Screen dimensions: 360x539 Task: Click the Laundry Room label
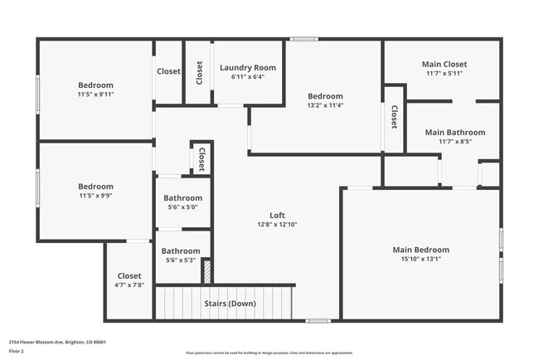tap(248, 67)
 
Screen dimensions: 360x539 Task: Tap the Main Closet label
tap(444, 64)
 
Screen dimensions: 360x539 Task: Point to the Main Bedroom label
tap(420, 250)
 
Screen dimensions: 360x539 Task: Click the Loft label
tap(277, 215)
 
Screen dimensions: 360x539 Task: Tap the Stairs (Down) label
tap(230, 304)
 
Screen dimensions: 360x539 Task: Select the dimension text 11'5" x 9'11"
tap(95, 95)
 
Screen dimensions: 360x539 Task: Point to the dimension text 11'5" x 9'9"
tap(95, 196)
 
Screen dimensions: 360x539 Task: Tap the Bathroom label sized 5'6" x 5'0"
tap(182, 198)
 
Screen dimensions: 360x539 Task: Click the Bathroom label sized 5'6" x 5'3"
tap(181, 251)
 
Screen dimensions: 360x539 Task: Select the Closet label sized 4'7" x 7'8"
tap(129, 275)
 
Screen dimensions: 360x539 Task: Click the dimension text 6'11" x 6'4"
tap(248, 77)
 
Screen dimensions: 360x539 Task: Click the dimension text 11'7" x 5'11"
tap(444, 74)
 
